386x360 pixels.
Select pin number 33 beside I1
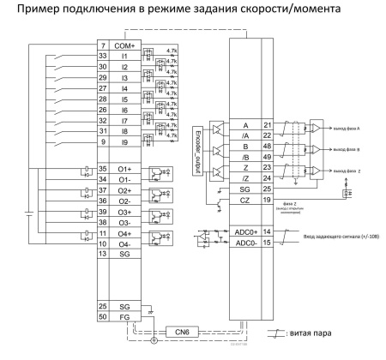point(103,56)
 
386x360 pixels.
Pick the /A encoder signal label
point(246,135)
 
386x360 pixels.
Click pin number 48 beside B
point(267,146)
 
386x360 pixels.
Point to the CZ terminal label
point(246,199)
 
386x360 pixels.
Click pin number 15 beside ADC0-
point(267,243)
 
